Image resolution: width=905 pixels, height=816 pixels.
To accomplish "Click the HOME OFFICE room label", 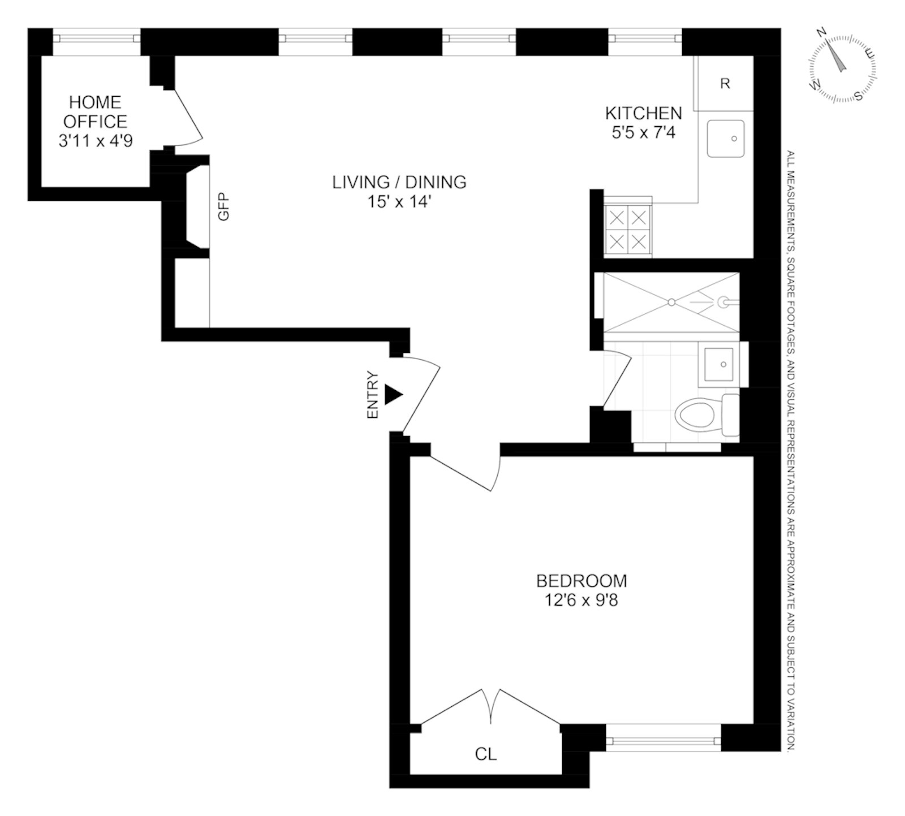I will click(95, 111).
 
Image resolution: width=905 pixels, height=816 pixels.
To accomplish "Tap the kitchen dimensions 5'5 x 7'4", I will click(643, 133).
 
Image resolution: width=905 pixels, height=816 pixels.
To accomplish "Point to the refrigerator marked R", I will click(725, 84).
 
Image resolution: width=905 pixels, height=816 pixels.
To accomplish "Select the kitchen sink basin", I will click(725, 139).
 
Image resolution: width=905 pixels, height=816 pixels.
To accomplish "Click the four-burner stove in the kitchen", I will click(628, 230).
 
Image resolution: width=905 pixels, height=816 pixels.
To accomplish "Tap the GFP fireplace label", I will click(224, 206).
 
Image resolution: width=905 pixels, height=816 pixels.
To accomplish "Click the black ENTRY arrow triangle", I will click(393, 395).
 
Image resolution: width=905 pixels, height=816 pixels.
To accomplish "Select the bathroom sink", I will click(719, 364).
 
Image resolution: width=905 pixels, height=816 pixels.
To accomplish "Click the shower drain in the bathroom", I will click(671, 303).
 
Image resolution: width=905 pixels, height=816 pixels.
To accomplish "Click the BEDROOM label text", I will click(581, 581).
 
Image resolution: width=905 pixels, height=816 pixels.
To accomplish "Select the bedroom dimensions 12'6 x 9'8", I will click(581, 600).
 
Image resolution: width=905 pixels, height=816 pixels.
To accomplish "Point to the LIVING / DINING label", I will click(399, 182).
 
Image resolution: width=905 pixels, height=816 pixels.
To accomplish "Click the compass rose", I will click(842, 68).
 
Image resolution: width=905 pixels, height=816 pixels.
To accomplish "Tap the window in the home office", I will click(96, 38).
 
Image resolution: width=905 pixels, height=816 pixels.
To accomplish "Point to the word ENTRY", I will click(372, 395).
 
